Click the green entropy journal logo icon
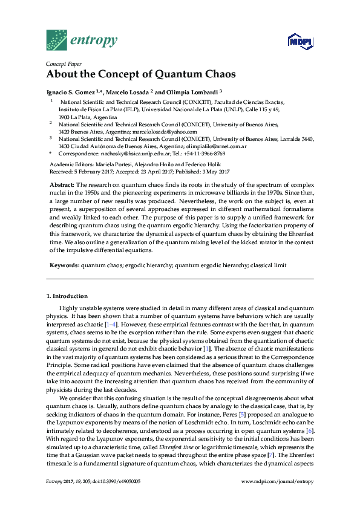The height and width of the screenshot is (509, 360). point(56,40)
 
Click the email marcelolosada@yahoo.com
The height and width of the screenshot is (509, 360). point(166,131)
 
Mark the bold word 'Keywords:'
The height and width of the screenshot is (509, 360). point(64,265)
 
